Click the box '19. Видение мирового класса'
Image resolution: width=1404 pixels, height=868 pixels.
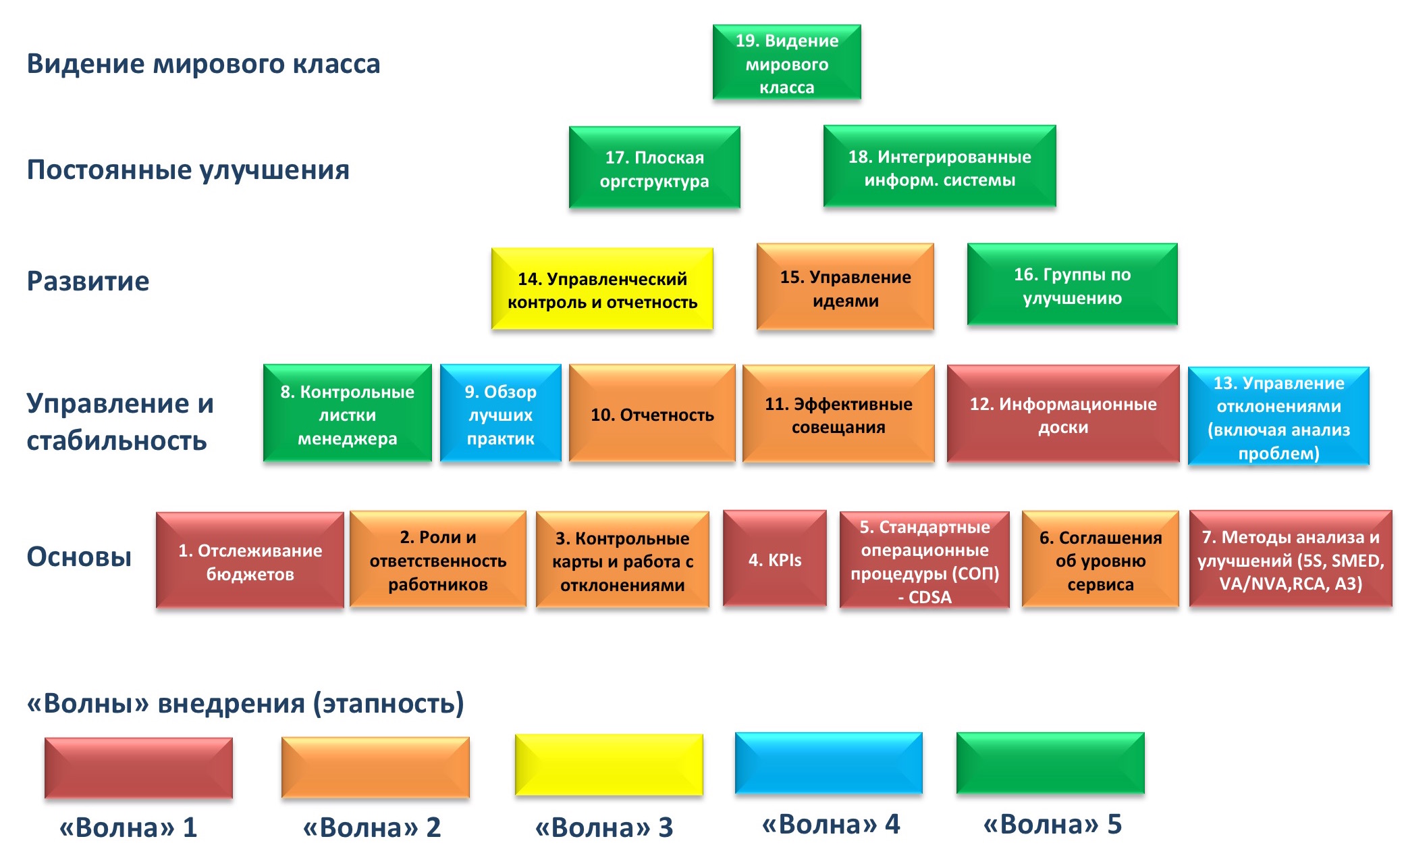[786, 62]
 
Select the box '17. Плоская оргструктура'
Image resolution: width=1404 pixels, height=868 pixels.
[654, 167]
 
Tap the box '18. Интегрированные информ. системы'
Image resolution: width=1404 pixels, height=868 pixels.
[940, 166]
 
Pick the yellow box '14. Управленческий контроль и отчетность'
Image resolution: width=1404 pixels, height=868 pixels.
[602, 289]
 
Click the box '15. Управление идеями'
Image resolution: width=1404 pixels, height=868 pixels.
[845, 287]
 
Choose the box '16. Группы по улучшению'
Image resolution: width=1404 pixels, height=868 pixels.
[1072, 284]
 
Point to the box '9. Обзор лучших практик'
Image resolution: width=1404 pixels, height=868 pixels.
[500, 413]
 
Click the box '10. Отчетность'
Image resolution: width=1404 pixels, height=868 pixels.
[652, 413]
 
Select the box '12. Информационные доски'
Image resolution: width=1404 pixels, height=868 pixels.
[1063, 414]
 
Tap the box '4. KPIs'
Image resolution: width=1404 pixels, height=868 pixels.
[774, 559]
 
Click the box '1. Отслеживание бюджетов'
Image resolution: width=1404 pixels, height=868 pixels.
[250, 561]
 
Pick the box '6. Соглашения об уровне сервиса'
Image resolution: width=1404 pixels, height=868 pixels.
[1100, 559]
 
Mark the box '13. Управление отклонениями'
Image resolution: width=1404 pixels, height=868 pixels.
[1278, 416]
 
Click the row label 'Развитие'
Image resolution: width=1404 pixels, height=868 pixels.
[88, 281]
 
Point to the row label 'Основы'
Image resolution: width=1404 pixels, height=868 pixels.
[79, 557]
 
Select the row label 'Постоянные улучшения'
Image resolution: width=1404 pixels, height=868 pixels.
[188, 170]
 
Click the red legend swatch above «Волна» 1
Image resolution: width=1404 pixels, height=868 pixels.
[138, 768]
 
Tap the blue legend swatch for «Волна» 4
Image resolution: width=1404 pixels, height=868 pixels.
[828, 763]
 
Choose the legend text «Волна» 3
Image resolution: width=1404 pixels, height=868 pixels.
[604, 827]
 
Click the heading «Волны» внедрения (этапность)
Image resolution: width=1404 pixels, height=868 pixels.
[245, 703]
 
